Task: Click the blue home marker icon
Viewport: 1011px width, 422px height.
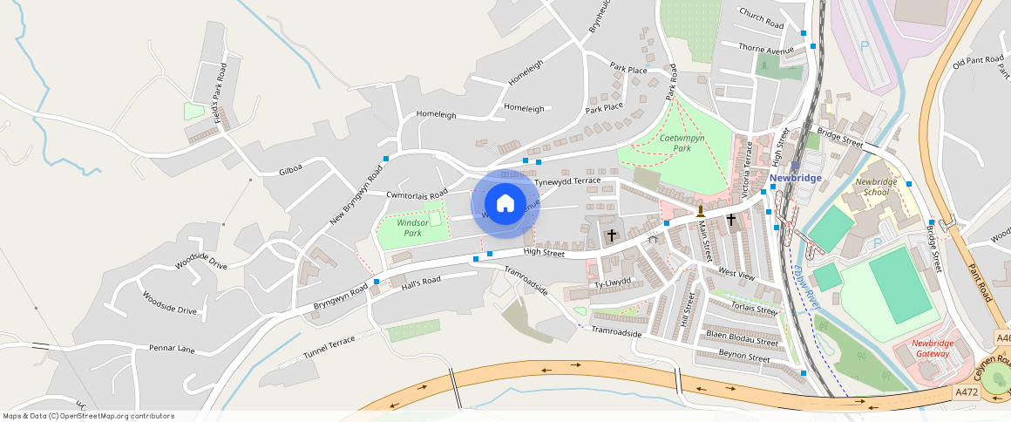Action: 505,204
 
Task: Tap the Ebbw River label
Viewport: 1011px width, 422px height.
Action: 808,287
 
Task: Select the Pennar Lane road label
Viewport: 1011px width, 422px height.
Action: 172,348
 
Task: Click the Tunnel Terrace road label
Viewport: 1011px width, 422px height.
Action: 329,348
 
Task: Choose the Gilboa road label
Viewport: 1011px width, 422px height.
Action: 290,172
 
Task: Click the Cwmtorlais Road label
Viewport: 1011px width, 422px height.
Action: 416,193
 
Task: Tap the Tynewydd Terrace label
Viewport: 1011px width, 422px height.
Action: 567,180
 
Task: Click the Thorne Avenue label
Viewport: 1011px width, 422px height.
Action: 766,51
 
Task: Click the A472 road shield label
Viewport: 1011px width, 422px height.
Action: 966,392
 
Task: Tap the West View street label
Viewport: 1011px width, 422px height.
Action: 736,275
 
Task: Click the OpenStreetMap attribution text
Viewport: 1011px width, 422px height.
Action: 89,416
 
